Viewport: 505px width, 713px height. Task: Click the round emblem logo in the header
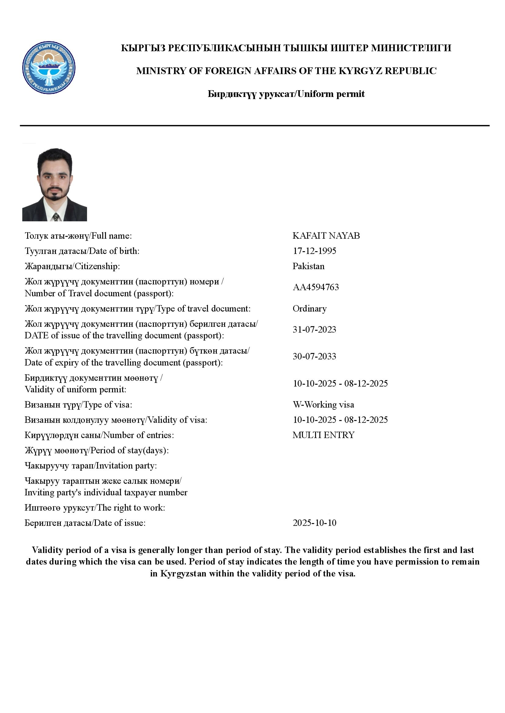pos(49,68)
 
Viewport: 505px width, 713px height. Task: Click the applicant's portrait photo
pos(54,184)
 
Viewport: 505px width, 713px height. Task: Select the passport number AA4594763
pos(316,287)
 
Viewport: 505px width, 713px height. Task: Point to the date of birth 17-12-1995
pos(314,251)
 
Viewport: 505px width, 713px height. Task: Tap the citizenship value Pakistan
pos(308,266)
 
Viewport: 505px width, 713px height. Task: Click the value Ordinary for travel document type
pos(309,309)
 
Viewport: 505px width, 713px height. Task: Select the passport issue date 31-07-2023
pos(314,330)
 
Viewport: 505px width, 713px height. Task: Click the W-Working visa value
pos(323,405)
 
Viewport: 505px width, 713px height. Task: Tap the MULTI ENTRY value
pos(323,435)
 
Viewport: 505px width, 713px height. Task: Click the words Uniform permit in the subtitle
pos(331,94)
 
